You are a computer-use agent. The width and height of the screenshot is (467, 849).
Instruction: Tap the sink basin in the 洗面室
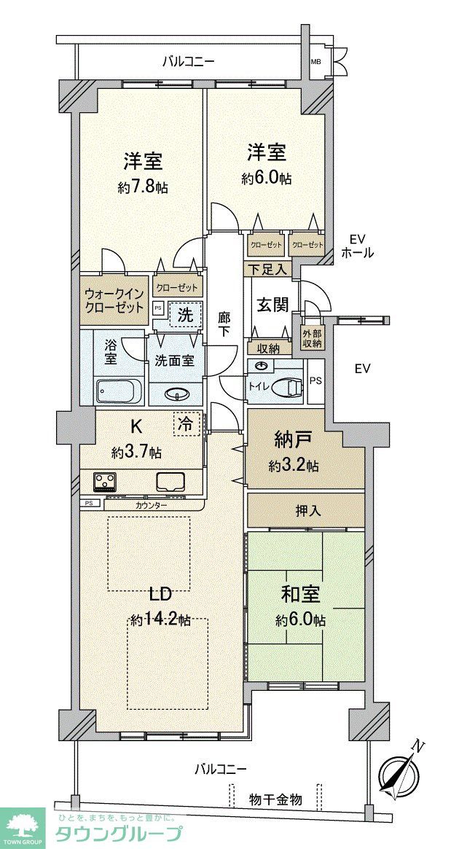tap(177, 395)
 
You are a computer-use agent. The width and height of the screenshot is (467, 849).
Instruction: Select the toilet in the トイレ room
tap(287, 387)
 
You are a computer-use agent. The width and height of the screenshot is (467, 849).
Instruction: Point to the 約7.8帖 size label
tap(143, 187)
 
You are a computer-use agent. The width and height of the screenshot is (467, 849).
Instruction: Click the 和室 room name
tap(300, 595)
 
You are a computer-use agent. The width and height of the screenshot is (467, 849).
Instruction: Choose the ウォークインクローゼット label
tap(114, 300)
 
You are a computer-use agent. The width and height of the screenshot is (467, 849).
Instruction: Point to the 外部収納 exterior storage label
tap(311, 339)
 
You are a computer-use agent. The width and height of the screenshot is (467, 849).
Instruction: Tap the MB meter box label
tap(315, 63)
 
